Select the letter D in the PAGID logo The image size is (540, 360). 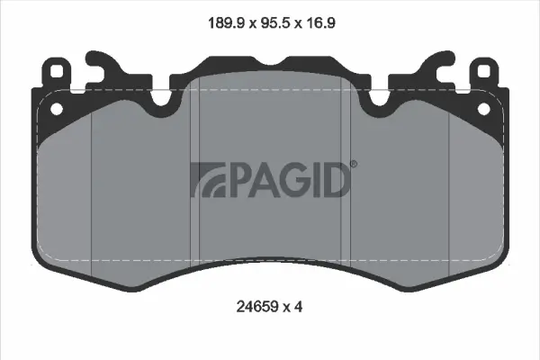[334, 180]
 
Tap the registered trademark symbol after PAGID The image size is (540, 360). [352, 165]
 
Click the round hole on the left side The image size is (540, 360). [57, 108]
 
